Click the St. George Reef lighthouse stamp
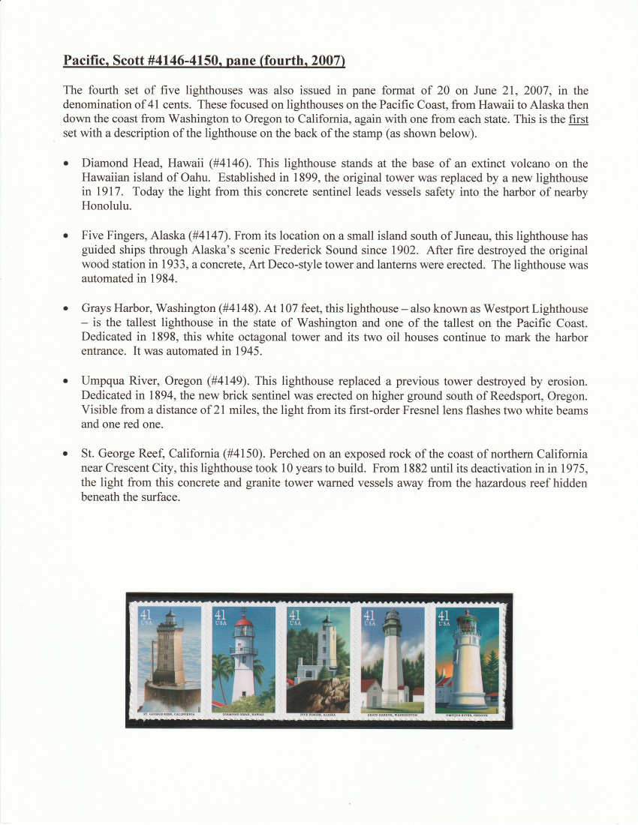[x=170, y=660]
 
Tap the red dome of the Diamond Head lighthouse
[x=244, y=621]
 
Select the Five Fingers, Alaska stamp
[x=318, y=660]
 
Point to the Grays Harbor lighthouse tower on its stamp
[x=393, y=660]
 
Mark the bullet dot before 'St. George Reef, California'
[x=68, y=455]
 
